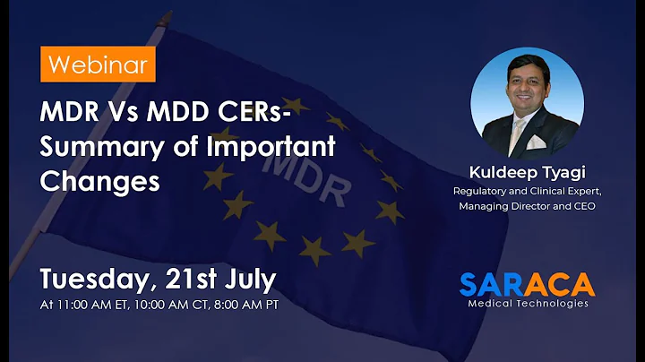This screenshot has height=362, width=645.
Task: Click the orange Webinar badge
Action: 98,65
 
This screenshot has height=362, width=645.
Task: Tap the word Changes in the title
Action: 99,179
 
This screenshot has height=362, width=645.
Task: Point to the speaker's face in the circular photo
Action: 527,94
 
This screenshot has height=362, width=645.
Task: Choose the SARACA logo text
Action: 526,284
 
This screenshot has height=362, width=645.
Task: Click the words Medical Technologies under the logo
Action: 529,304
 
